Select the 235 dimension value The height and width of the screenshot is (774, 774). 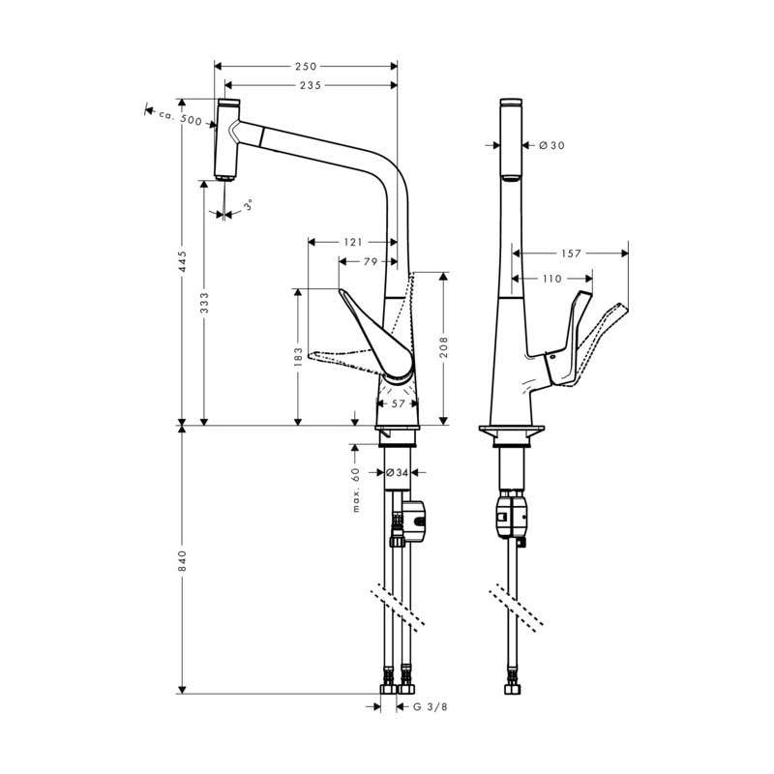tap(310, 85)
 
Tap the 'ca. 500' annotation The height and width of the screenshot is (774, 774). tap(179, 119)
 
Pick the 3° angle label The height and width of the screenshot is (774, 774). tap(249, 206)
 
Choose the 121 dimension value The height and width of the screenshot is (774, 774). tap(351, 242)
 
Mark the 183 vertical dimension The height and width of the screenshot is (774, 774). tap(299, 357)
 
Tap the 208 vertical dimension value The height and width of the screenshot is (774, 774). tap(444, 345)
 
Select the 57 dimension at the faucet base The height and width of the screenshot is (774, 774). tap(398, 403)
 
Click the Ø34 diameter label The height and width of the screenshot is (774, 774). tap(397, 473)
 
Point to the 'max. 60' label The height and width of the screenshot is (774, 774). tap(356, 489)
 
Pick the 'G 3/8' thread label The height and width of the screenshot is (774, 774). tap(430, 707)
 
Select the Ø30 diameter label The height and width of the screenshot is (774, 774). tap(551, 145)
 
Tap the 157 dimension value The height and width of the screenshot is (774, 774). tap(571, 253)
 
